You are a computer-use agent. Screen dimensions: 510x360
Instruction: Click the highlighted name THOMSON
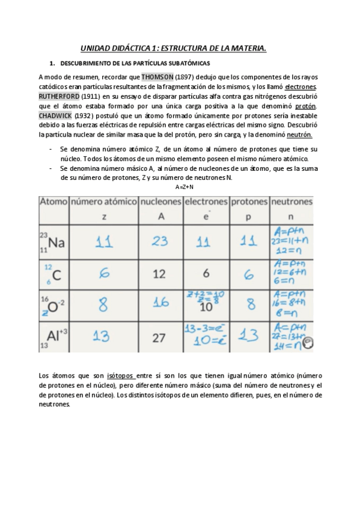pyautogui.click(x=157, y=77)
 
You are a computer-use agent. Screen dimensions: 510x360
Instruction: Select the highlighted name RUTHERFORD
pyautogui.click(x=59, y=96)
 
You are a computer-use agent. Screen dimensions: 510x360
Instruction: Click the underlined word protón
pyautogui.click(x=305, y=106)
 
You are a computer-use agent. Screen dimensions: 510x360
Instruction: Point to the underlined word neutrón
pyautogui.click(x=304, y=135)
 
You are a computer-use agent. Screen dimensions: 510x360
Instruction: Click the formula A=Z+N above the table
pyautogui.click(x=185, y=187)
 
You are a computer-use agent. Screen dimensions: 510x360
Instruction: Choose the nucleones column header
pyautogui.click(x=160, y=202)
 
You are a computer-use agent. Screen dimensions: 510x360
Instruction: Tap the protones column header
pyautogui.click(x=249, y=202)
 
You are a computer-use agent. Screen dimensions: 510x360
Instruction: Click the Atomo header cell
pyautogui.click(x=53, y=202)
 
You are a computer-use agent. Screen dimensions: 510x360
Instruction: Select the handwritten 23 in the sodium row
pyautogui.click(x=160, y=242)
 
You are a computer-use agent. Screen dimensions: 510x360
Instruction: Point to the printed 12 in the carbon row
pyautogui.click(x=159, y=274)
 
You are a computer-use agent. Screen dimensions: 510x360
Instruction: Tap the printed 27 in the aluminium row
pyautogui.click(x=159, y=338)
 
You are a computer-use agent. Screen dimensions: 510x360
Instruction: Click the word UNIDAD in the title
pyautogui.click(x=96, y=48)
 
